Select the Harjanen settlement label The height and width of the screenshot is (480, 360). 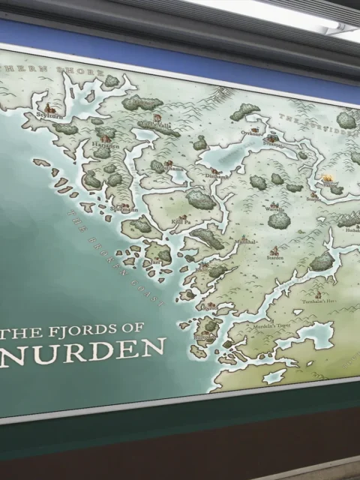[106, 146]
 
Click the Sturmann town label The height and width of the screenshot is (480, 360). [124, 209]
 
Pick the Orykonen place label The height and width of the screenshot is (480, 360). [252, 133]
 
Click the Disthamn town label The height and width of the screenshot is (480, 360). [218, 177]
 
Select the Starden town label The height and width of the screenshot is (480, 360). [274, 257]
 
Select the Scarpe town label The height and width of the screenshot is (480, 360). [313, 200]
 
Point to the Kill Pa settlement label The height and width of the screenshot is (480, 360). [181, 222]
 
